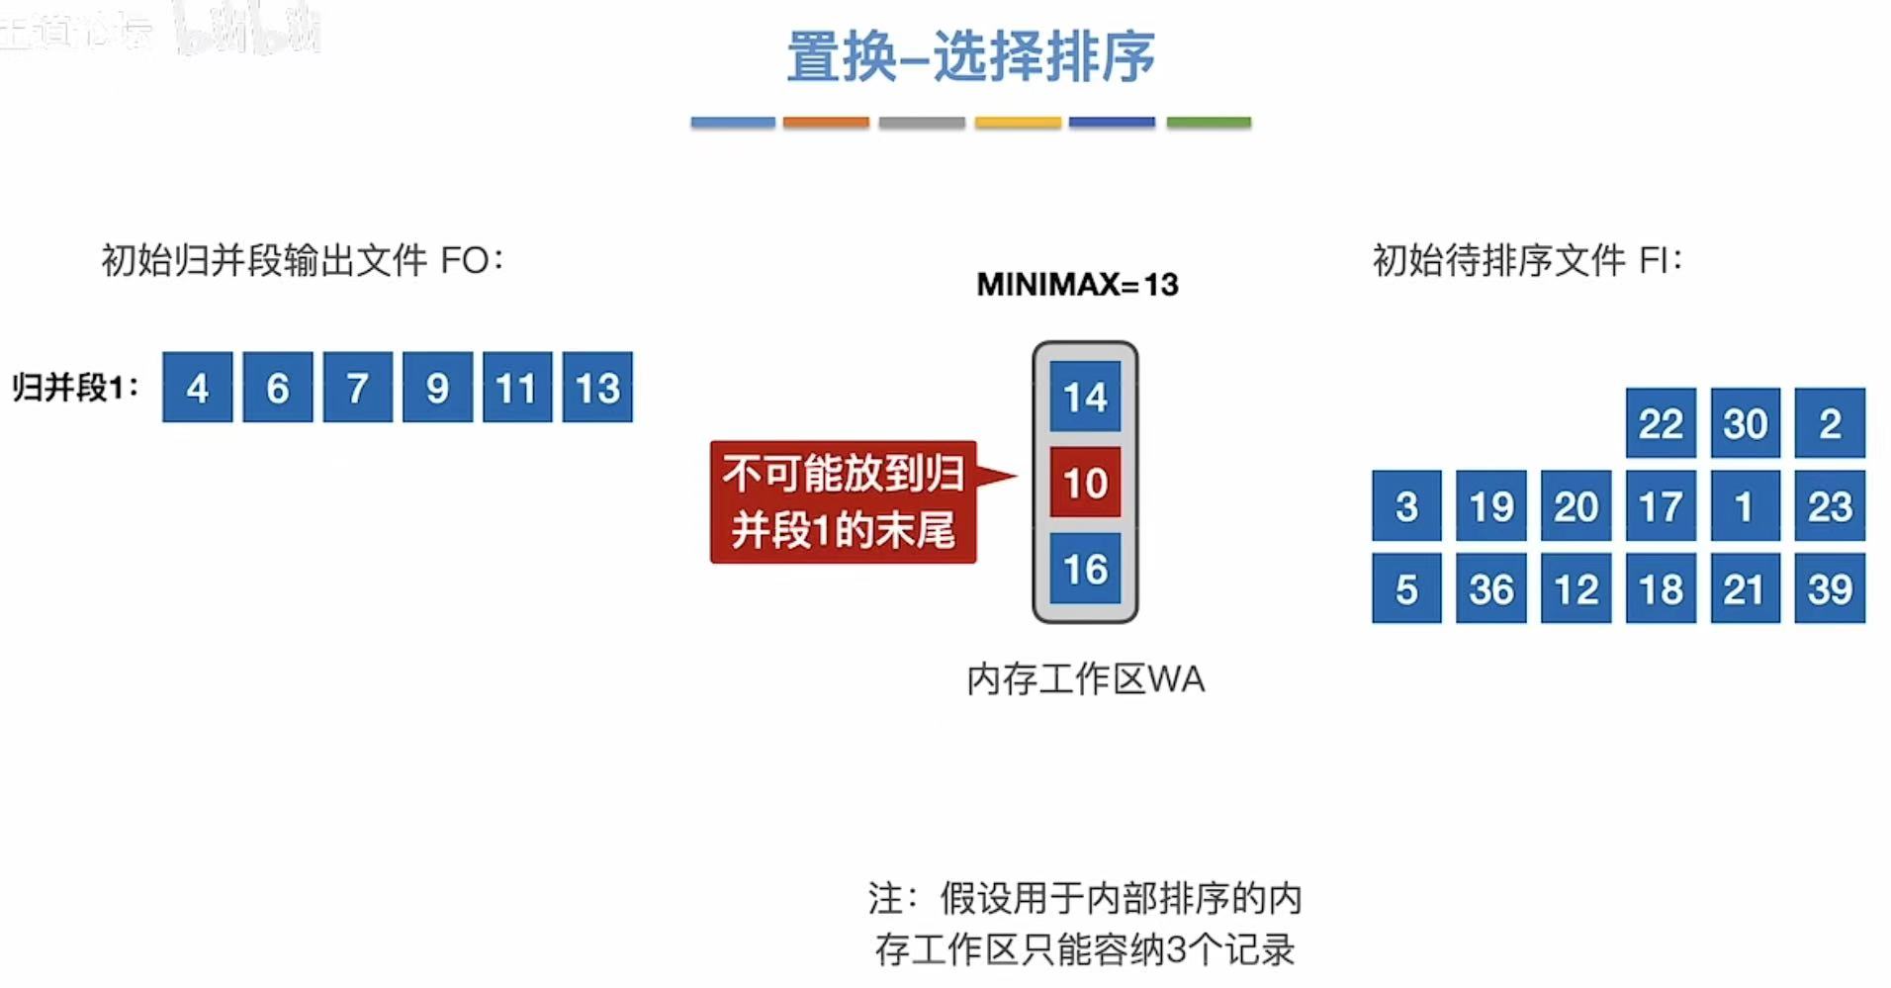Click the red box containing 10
1085,482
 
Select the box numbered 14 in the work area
1085,397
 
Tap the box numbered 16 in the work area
1085,568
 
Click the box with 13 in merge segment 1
597,387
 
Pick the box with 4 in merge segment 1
198,387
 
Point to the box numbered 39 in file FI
1830,588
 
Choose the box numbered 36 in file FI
1490,588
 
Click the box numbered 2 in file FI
1830,423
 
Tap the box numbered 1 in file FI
1745,506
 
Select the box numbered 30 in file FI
1745,423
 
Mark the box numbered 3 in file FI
1406,506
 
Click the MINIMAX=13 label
1077,285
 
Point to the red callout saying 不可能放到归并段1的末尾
844,501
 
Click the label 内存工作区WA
1085,679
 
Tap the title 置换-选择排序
970,56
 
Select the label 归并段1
75,387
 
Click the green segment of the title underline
1209,123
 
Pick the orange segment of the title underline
826,123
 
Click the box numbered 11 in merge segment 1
517,387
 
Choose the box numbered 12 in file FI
1576,588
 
